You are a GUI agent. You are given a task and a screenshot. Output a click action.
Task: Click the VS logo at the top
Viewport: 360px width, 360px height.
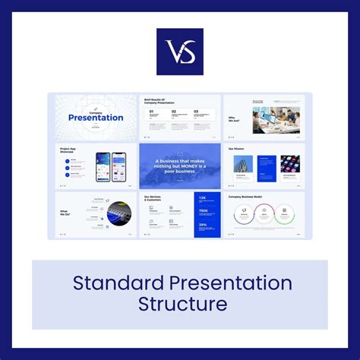click(x=180, y=52)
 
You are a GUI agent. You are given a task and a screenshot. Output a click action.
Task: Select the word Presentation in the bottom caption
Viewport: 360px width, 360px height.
click(x=235, y=283)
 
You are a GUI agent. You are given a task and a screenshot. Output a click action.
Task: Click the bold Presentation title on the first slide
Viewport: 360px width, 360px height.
click(x=96, y=117)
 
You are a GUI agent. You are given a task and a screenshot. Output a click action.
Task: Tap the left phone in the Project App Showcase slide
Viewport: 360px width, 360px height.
click(x=103, y=166)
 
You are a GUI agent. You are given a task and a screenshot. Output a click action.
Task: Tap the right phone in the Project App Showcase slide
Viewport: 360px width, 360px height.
click(x=118, y=166)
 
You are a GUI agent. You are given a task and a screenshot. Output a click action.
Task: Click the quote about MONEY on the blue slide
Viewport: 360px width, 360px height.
click(x=180, y=166)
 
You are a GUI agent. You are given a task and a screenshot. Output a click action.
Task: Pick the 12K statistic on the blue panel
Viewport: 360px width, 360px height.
click(x=204, y=198)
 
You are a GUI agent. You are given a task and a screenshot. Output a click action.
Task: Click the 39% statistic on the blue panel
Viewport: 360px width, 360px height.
click(x=204, y=224)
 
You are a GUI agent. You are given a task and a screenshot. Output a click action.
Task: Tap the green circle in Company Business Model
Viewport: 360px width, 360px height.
click(x=285, y=214)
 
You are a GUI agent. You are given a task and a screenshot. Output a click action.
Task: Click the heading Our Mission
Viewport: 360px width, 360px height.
click(x=237, y=149)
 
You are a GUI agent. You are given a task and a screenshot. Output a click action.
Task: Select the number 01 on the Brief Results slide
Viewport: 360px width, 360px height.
click(x=151, y=111)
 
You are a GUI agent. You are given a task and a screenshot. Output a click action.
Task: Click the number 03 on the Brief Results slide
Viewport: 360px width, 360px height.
click(x=196, y=111)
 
